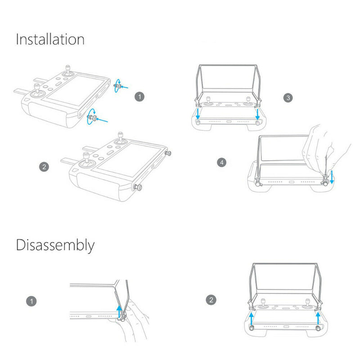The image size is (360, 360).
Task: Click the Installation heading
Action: [x=50, y=39]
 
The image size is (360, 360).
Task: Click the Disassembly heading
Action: [x=55, y=245]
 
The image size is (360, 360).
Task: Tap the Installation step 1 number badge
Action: [x=139, y=97]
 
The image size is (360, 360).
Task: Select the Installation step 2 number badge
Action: [x=44, y=166]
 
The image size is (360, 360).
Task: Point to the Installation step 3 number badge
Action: [x=288, y=98]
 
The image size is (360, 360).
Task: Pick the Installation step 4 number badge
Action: [x=221, y=162]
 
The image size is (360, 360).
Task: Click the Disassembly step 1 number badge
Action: [x=31, y=301]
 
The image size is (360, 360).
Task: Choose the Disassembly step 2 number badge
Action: [x=211, y=300]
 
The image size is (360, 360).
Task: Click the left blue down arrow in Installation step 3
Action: [x=198, y=114]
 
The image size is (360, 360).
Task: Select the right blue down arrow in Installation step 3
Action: [x=257, y=114]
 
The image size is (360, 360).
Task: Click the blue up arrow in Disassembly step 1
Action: [x=119, y=312]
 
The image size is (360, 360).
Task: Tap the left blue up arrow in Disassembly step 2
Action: [x=252, y=318]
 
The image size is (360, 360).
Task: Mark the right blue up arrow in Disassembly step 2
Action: [x=318, y=318]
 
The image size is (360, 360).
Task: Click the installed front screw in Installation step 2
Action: [x=137, y=187]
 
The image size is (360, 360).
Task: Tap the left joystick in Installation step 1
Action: [x=37, y=91]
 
